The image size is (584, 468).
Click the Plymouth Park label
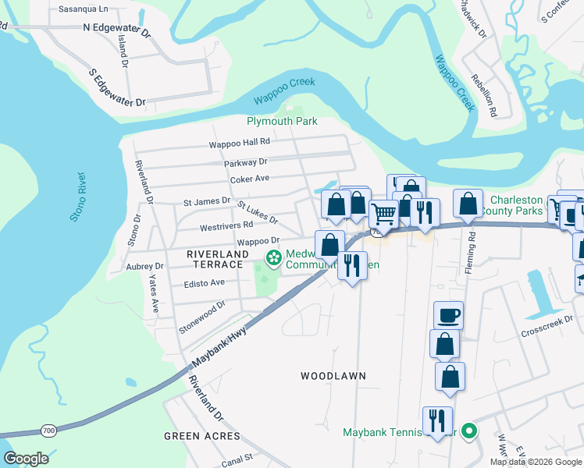[x=282, y=122]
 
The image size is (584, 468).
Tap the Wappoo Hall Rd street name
[x=239, y=143]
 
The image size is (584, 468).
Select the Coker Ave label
[x=249, y=179]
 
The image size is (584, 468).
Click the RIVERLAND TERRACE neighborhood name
[x=217, y=254]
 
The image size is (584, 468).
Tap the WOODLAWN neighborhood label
[x=333, y=376]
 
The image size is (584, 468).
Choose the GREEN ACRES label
[x=195, y=436]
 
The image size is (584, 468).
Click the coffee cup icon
[x=448, y=316]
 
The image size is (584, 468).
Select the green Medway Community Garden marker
[x=273, y=257]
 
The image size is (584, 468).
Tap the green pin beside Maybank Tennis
[x=468, y=431]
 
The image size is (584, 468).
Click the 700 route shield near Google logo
[x=48, y=431]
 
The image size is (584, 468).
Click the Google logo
[x=27, y=459]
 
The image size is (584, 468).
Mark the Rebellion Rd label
[x=484, y=95]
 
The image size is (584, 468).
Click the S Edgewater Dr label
[x=118, y=88]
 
